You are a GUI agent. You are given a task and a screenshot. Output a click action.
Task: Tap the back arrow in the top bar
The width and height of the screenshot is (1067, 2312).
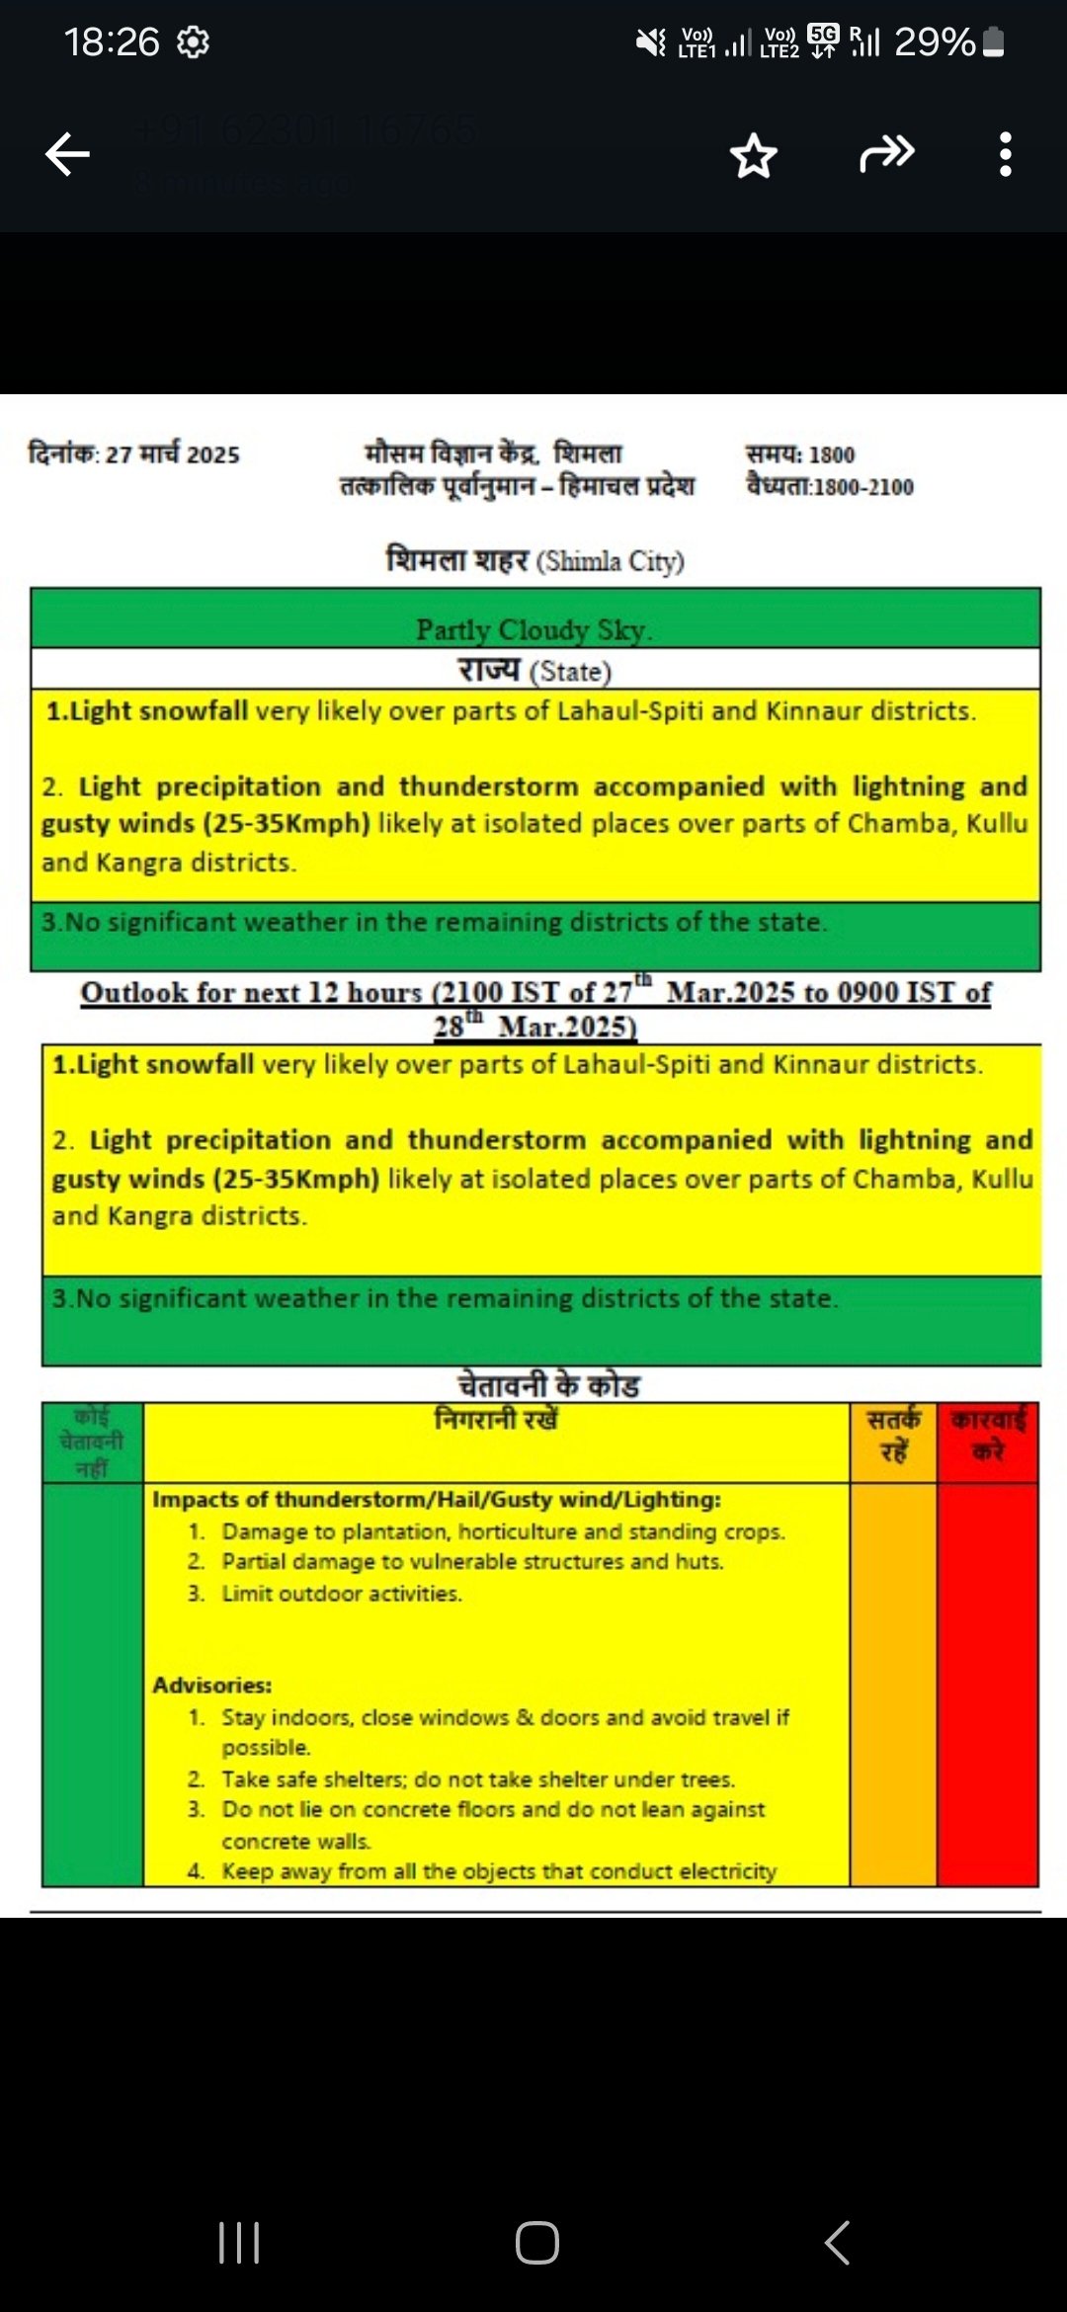point(67,154)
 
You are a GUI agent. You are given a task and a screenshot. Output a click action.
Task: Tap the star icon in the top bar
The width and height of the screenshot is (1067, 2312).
point(754,156)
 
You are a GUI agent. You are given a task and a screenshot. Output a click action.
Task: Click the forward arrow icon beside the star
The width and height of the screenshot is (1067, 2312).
point(886,154)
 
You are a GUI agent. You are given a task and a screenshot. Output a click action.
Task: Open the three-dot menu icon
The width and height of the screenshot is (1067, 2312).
point(1005,154)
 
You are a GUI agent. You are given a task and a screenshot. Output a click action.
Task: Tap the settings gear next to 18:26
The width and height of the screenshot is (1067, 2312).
point(193,42)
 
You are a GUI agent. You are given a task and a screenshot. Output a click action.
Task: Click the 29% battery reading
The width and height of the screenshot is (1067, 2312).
point(935,42)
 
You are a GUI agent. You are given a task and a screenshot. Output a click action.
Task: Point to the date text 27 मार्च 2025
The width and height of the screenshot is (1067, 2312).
point(173,454)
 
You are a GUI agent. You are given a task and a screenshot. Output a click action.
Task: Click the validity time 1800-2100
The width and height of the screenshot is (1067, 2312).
point(862,487)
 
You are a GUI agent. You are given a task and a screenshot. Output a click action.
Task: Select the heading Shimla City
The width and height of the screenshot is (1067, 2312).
point(611,561)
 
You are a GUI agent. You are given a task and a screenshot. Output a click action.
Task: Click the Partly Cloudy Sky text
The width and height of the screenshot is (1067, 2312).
point(533,629)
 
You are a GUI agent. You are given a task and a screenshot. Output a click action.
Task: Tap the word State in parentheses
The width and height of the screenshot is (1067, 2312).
point(571,672)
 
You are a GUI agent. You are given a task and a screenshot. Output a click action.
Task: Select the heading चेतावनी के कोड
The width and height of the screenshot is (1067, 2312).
point(548,1385)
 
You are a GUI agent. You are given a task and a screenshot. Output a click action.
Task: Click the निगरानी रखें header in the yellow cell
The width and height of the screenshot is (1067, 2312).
point(496,1420)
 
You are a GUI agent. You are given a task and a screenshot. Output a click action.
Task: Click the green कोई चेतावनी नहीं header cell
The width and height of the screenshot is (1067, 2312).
point(92,1442)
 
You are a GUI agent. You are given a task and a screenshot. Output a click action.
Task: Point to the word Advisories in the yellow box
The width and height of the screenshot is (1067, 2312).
point(211,1685)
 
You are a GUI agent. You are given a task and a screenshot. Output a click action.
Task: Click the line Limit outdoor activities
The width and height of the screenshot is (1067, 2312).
point(341,1594)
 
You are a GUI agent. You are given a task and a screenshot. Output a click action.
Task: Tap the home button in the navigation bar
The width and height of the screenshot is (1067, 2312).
point(536,2242)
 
